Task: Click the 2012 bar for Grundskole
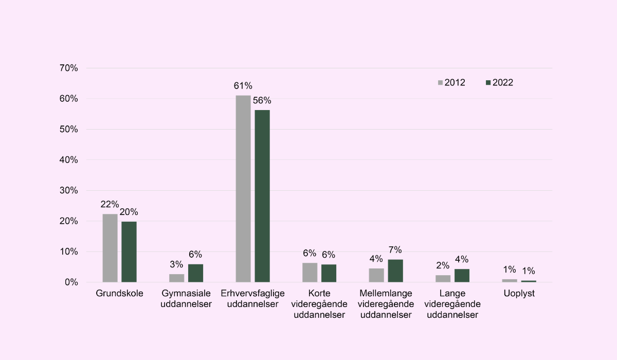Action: (x=110, y=248)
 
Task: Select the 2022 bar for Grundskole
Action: (x=129, y=252)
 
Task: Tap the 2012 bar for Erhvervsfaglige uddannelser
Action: (x=243, y=189)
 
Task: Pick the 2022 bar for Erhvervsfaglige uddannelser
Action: (x=262, y=196)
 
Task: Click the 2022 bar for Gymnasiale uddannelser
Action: (x=195, y=273)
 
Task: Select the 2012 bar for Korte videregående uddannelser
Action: (x=310, y=273)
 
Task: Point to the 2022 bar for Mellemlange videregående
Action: (x=395, y=271)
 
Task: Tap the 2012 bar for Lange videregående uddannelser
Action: (x=443, y=279)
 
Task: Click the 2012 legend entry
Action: (x=451, y=83)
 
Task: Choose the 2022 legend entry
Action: (x=499, y=83)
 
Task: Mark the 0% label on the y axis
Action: (x=71, y=282)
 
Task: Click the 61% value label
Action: (x=243, y=86)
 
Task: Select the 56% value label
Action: (x=262, y=100)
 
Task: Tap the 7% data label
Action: (x=395, y=250)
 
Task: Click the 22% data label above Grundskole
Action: (x=110, y=204)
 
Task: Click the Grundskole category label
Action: (x=119, y=293)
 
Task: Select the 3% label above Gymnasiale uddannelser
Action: (x=176, y=264)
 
